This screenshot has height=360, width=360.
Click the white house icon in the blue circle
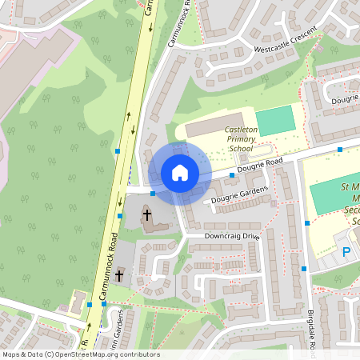[x=179, y=173]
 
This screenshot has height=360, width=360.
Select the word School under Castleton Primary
[x=240, y=148]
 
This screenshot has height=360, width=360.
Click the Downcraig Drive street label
[x=232, y=236]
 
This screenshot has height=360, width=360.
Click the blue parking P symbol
[x=346, y=252]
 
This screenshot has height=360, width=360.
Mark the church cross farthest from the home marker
[x=120, y=275]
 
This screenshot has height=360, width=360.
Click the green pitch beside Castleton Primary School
[x=274, y=121]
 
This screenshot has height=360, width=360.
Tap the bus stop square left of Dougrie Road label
[x=233, y=174]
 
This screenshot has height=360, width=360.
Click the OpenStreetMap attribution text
[x=81, y=354]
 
